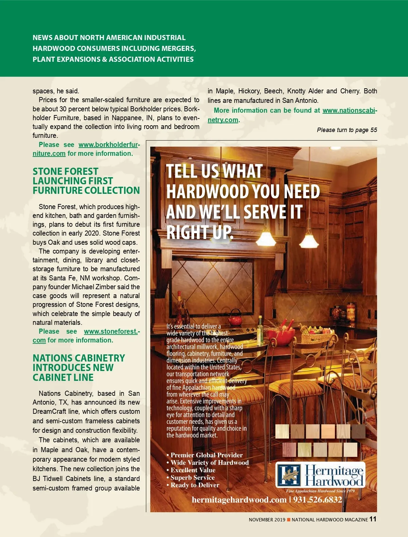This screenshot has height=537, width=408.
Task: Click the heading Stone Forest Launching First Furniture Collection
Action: [x=86, y=181]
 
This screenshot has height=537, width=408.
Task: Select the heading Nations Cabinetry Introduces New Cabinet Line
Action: [x=79, y=368]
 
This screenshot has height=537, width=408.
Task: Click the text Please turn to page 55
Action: [x=347, y=130]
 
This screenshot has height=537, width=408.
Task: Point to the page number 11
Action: [x=373, y=519]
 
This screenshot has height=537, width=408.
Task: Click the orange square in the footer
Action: [x=289, y=520]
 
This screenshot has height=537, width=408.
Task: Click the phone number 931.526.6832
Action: [x=318, y=500]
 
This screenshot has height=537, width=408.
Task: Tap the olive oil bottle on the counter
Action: [x=260, y=326]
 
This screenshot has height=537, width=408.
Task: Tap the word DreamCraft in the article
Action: [x=49, y=411]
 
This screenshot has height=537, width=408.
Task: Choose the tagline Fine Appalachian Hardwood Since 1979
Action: [x=320, y=491]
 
